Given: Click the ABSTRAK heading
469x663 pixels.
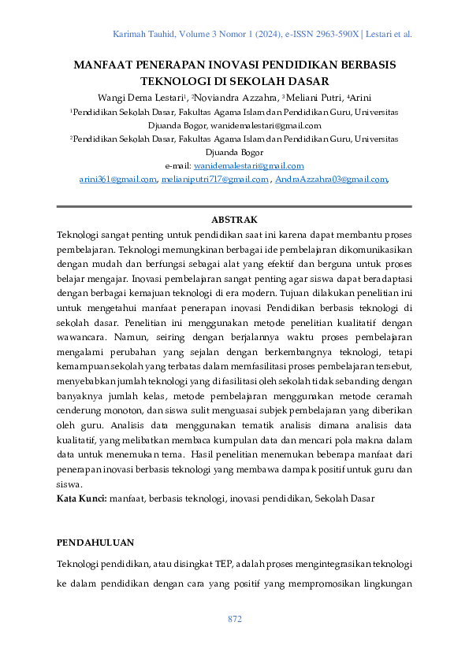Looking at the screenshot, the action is [234, 220].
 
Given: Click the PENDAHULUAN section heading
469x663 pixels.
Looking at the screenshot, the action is [95, 543].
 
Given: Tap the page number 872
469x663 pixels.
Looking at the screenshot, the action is [234, 620].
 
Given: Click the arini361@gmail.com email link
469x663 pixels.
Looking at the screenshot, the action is [117, 180].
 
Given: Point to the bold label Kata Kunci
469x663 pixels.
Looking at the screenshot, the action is [81, 499].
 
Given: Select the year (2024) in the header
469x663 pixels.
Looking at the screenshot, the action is [257, 35].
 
